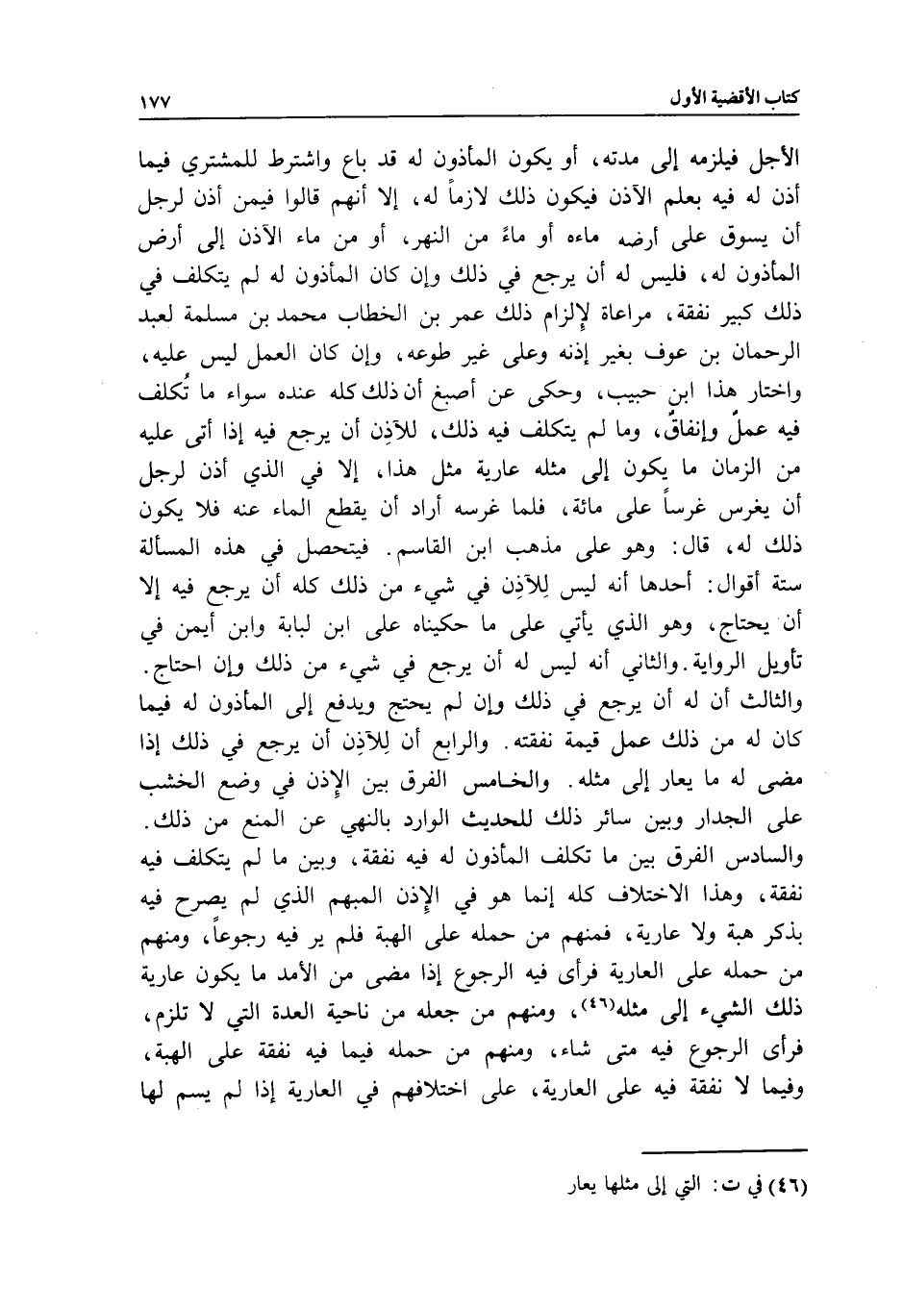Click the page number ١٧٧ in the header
[154, 100]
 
